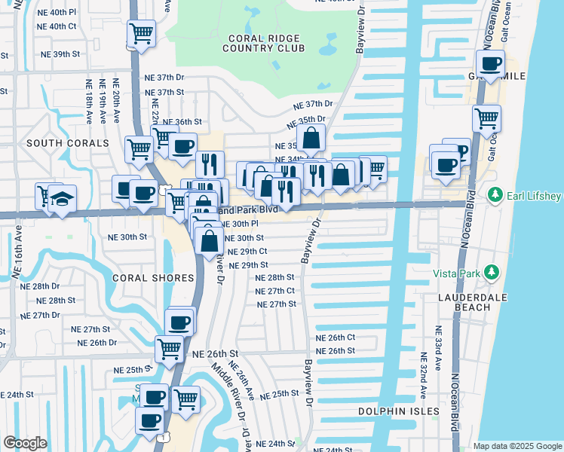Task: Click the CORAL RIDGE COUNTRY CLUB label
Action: pyautogui.click(x=263, y=42)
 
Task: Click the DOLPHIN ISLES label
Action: pyautogui.click(x=388, y=411)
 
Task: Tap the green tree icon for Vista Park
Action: pyautogui.click(x=492, y=271)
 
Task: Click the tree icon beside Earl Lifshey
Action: pyautogui.click(x=495, y=196)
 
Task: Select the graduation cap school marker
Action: pyautogui.click(x=63, y=198)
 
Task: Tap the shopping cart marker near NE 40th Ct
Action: pyautogui.click(x=141, y=33)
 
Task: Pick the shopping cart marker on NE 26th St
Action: pyautogui.click(x=170, y=348)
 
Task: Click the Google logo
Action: pyautogui.click(x=25, y=443)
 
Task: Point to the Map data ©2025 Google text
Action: pyautogui.click(x=516, y=445)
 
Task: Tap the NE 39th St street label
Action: pyautogui.click(x=60, y=54)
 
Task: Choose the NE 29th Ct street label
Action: pyautogui.click(x=247, y=252)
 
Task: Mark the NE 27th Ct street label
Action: pyautogui.click(x=274, y=291)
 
